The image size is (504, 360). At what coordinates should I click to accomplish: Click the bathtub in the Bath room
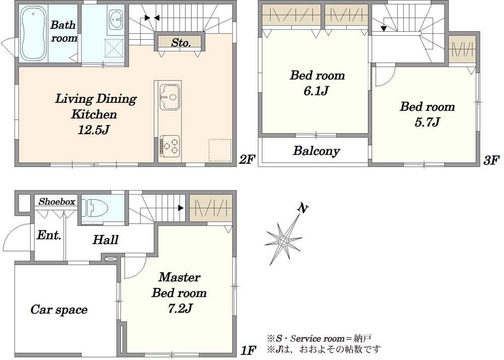33,34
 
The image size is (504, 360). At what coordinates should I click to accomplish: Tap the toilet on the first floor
91,207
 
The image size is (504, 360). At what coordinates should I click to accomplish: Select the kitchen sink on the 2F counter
170,97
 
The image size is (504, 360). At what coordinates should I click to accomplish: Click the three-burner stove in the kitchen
170,146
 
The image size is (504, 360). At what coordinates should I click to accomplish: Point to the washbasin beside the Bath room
116,19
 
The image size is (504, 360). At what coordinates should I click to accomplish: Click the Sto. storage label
181,42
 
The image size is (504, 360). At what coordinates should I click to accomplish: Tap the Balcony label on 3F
317,151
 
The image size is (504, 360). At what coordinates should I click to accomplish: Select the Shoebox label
57,202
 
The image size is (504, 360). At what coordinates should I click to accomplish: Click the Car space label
59,309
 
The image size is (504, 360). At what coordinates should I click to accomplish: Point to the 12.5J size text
94,130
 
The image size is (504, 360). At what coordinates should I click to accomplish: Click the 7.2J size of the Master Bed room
180,309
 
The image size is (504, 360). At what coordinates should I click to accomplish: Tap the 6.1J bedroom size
316,91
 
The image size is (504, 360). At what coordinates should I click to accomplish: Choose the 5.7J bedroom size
427,122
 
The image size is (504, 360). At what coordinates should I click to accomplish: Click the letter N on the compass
302,208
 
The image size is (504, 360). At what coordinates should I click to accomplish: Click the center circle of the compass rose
283,241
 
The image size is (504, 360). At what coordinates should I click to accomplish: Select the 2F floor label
247,159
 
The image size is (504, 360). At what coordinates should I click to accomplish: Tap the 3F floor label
492,160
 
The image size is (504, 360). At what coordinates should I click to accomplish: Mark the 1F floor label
248,350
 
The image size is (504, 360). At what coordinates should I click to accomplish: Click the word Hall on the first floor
105,240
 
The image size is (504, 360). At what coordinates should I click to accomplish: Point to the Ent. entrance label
49,235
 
